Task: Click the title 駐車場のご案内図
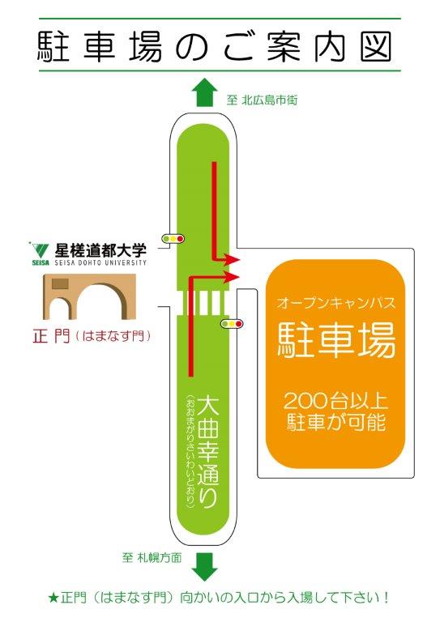click(x=215, y=46)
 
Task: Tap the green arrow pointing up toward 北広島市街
click(x=204, y=92)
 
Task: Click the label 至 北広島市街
click(x=262, y=100)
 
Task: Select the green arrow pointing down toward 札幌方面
click(x=204, y=567)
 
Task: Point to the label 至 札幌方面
click(x=152, y=558)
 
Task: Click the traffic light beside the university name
click(x=173, y=239)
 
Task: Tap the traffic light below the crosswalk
click(x=232, y=324)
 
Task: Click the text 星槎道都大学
click(x=100, y=250)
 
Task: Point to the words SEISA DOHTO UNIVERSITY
click(x=100, y=262)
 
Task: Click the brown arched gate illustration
click(x=90, y=296)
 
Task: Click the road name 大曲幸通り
click(x=208, y=452)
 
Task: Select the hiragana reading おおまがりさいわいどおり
click(x=190, y=451)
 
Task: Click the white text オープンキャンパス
click(x=336, y=304)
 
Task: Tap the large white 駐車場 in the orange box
click(x=336, y=339)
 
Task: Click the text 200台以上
click(x=335, y=402)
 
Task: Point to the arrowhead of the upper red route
click(x=233, y=260)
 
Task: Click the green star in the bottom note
click(x=53, y=598)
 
